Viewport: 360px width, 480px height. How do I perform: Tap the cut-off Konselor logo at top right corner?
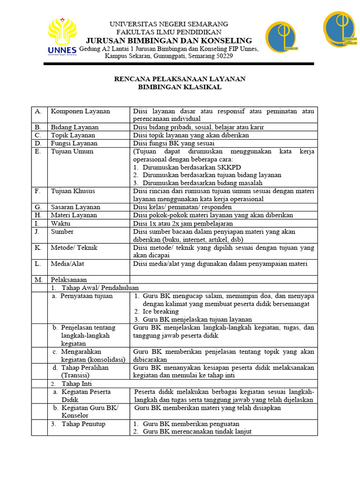[341, 29]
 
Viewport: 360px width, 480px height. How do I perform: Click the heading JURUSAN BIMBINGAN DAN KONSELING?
[169, 40]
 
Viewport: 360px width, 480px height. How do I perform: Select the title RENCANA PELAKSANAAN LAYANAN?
[180, 79]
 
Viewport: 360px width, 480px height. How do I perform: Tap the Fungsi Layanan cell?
[74, 143]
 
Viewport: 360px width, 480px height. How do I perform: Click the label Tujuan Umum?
[72, 151]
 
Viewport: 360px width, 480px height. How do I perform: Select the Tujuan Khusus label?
[73, 191]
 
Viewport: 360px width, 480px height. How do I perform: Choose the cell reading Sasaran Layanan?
[75, 207]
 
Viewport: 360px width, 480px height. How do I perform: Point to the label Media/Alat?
[67, 264]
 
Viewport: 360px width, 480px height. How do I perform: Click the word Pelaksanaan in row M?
[69, 280]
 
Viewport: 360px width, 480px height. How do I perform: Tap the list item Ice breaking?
[161, 311]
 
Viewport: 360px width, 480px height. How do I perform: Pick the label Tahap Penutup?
[83, 424]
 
